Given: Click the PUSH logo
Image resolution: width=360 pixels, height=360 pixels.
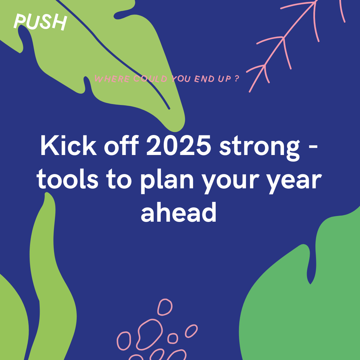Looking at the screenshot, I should point(40,22).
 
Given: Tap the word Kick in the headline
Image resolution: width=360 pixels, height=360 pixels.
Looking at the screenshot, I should point(63,146).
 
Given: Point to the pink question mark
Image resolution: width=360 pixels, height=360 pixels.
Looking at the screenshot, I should point(237,79).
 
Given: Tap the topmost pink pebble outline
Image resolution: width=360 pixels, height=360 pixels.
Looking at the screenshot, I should point(165,307).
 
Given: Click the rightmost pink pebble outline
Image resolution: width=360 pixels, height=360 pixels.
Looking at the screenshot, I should point(191,331).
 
